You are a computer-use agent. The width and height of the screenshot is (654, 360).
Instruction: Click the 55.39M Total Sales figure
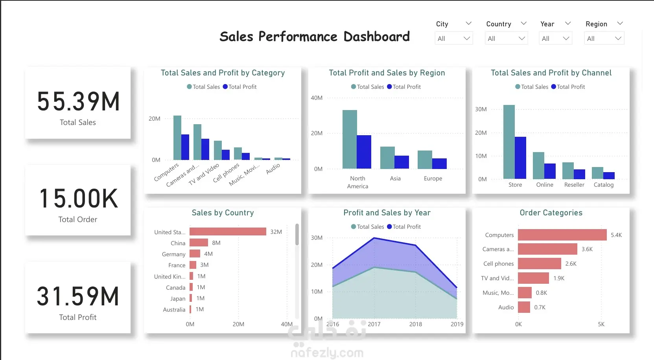[x=78, y=101]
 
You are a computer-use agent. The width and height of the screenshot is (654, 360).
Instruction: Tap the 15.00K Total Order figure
[x=78, y=198]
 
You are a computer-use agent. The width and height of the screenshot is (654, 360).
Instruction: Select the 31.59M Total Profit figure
[x=78, y=296]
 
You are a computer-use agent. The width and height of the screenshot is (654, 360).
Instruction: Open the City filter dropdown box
[x=453, y=39]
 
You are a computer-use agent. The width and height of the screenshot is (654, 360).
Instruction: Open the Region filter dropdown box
[x=604, y=39]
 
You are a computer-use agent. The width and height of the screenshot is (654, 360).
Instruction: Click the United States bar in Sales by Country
[x=228, y=232]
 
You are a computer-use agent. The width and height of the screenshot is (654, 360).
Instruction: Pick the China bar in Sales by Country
[x=199, y=243]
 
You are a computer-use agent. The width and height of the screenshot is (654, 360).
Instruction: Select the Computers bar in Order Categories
[x=562, y=235]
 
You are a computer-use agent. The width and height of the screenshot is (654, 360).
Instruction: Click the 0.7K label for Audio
[x=540, y=307]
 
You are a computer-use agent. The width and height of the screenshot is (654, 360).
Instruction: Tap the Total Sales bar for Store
[x=509, y=142]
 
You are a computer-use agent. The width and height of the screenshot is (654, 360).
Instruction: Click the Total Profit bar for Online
[x=550, y=171]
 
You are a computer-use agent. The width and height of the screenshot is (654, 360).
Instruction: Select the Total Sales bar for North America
[x=350, y=140]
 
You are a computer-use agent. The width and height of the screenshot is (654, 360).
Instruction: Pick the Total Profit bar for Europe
[x=439, y=164]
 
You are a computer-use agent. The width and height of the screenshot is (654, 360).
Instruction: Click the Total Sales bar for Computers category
[x=177, y=138]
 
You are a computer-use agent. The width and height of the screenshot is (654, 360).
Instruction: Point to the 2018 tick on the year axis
[x=416, y=324]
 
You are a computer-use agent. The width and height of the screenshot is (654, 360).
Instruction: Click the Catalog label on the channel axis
[x=603, y=185]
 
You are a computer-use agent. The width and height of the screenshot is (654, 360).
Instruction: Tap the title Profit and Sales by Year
[x=387, y=213]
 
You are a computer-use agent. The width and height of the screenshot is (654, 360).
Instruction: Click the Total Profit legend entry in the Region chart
[x=404, y=87]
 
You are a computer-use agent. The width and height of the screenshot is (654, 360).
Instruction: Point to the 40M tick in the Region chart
[x=317, y=98]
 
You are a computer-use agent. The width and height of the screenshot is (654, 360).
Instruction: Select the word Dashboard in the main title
[x=376, y=37]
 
